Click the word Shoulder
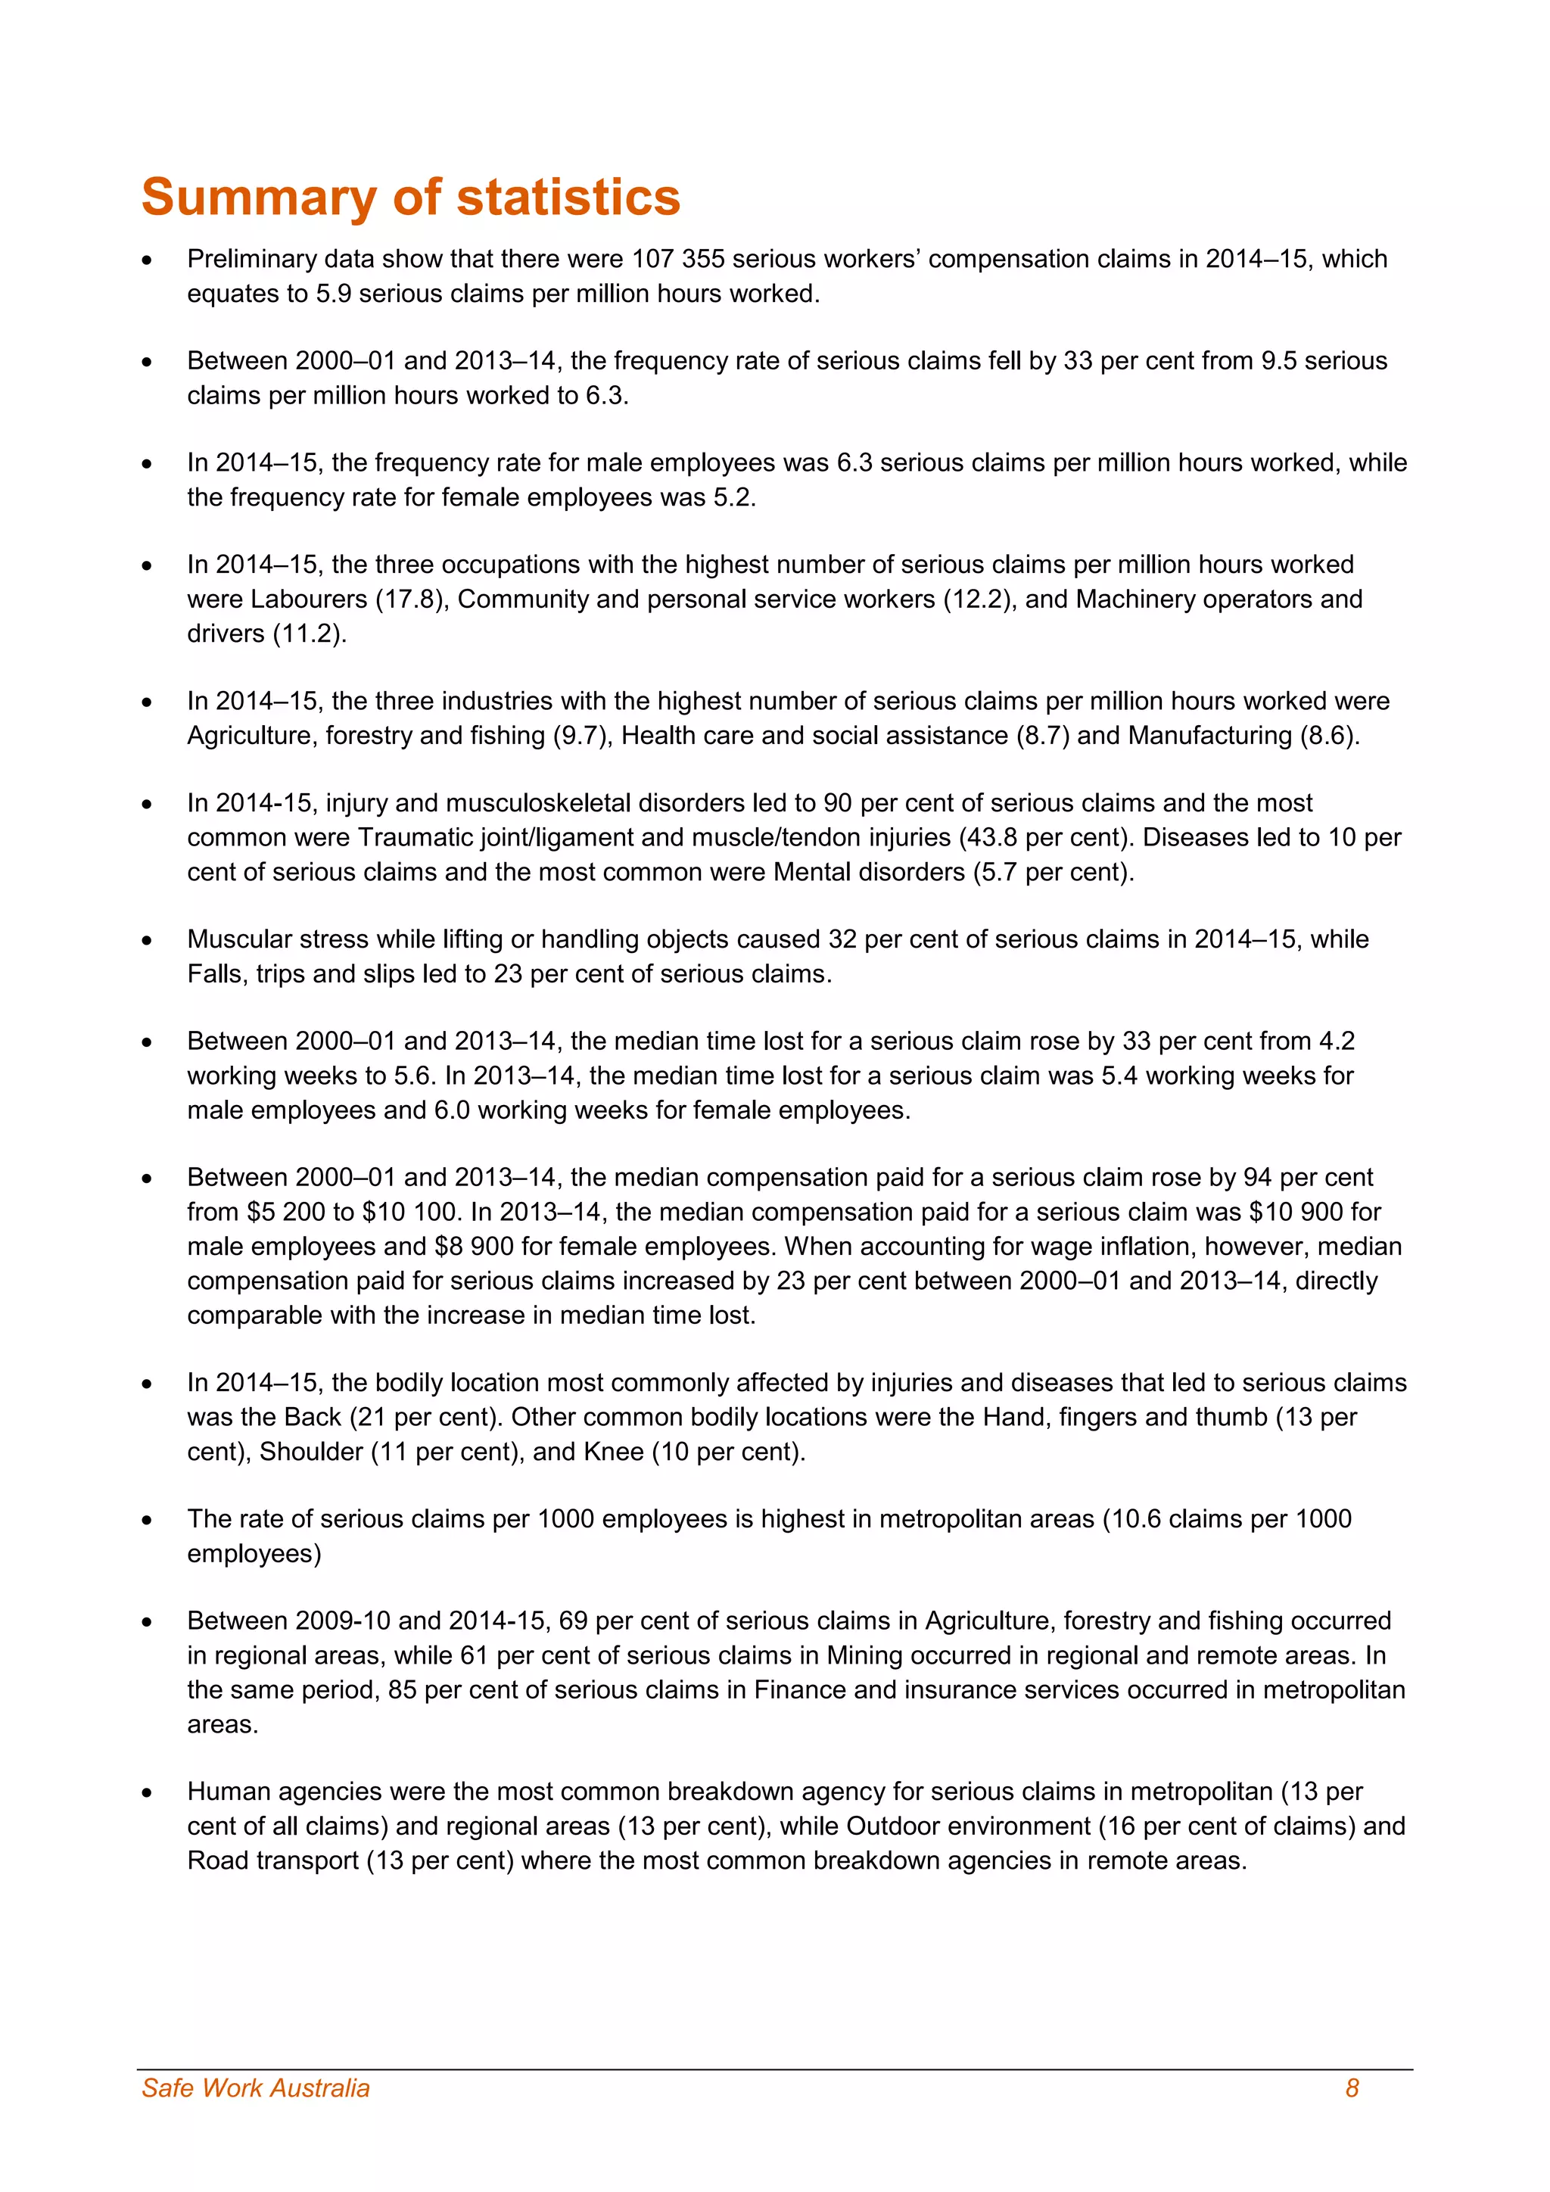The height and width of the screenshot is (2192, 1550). [x=311, y=1451]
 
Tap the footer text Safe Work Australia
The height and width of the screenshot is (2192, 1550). [x=256, y=2088]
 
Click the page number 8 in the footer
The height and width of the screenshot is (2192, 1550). [x=1352, y=2088]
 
